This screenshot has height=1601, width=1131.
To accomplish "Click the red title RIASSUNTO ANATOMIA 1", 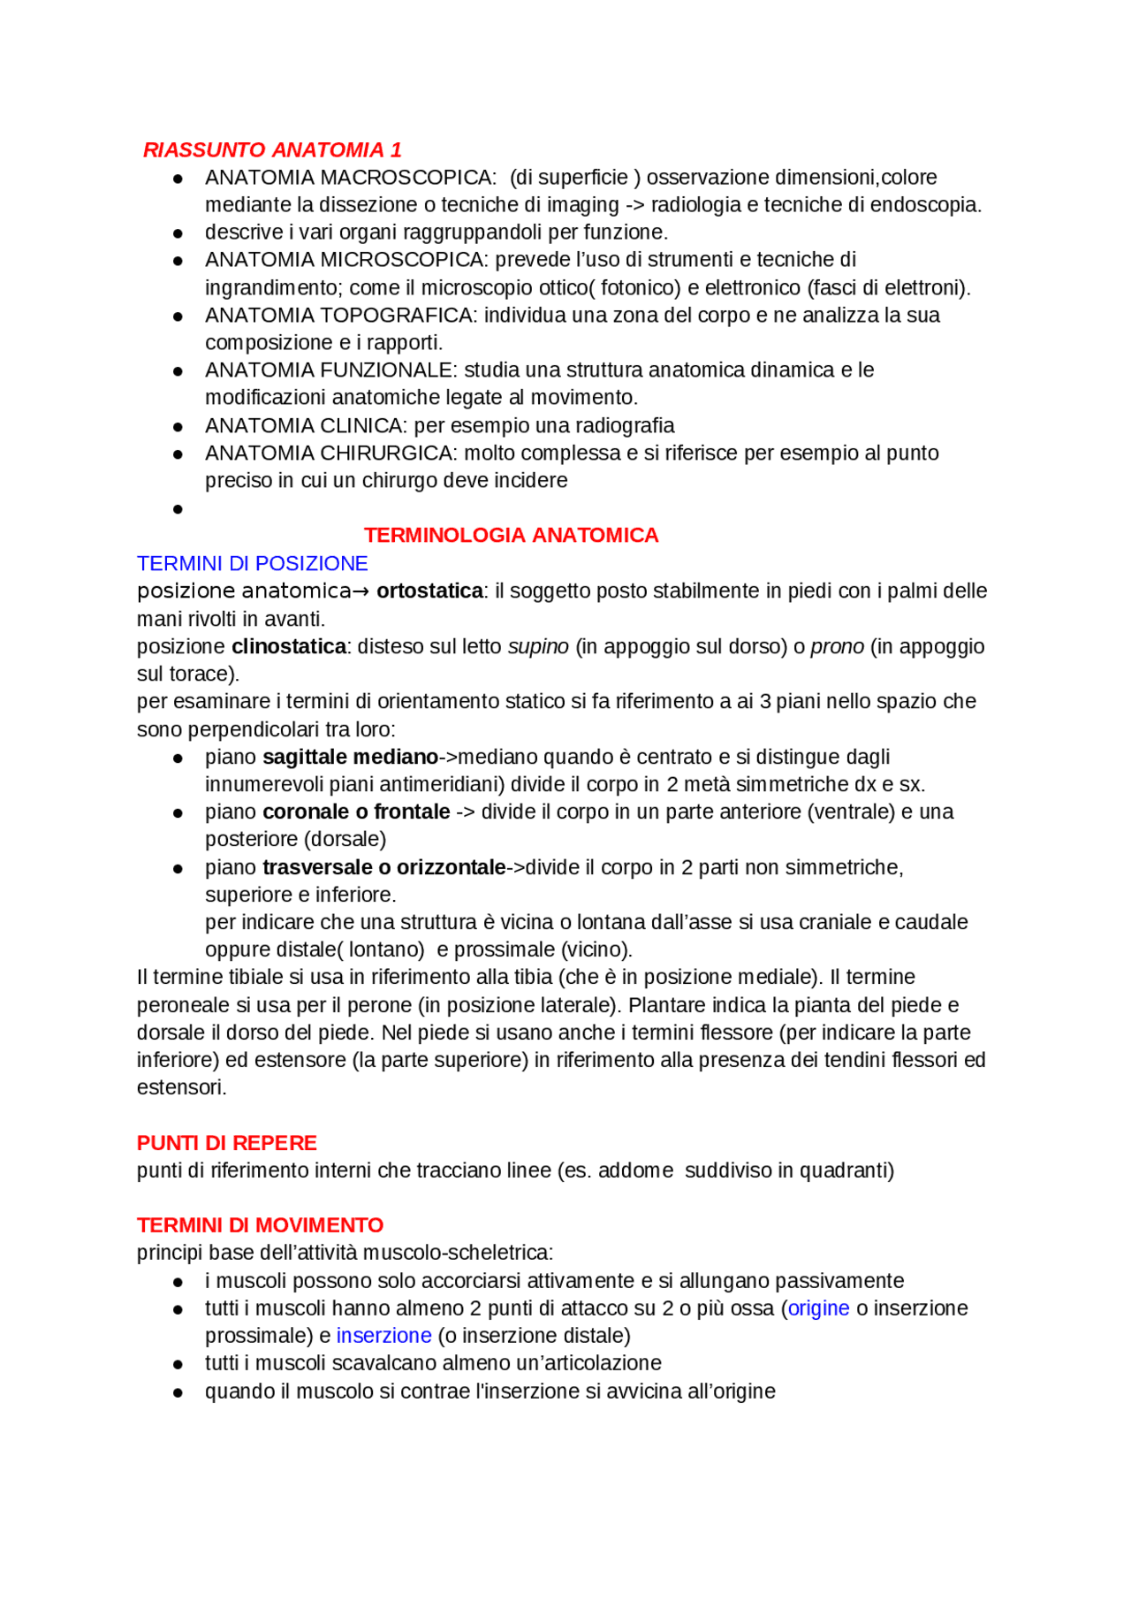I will [272, 149].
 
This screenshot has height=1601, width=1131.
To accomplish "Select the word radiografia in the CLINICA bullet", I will [624, 426].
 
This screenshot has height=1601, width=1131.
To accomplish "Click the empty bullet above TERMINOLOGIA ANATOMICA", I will [178, 509].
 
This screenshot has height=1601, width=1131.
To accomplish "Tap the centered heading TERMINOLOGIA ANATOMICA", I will [511, 536].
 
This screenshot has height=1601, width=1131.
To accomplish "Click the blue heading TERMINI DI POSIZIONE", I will [252, 564].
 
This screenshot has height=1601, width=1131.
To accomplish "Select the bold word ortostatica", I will [429, 591].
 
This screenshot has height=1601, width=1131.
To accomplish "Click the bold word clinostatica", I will [288, 647].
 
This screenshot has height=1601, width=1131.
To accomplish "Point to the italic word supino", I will [538, 647].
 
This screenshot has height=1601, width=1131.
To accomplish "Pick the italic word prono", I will [837, 647].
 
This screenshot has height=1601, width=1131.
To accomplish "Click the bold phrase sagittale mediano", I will [350, 758].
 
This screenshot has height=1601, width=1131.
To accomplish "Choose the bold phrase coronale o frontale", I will [356, 812].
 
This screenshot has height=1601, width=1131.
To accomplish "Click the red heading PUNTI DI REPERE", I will [226, 1144].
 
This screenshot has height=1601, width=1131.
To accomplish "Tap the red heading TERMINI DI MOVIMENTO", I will [260, 1226].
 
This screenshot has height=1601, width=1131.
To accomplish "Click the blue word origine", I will [818, 1309].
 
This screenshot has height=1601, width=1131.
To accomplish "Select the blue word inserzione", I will [383, 1337].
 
